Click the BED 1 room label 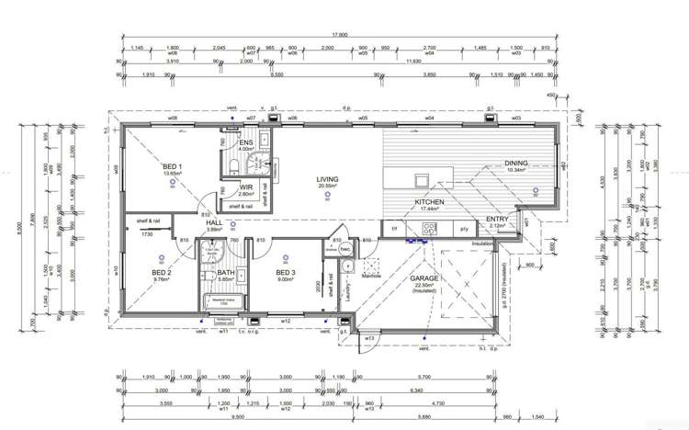(x=173, y=166)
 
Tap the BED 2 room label (x=162, y=272)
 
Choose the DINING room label (x=516, y=164)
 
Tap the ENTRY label (x=497, y=219)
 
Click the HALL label (x=213, y=223)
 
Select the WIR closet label (x=245, y=187)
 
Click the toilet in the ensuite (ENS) (x=233, y=164)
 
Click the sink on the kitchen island (x=422, y=179)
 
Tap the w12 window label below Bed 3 (x=285, y=321)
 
